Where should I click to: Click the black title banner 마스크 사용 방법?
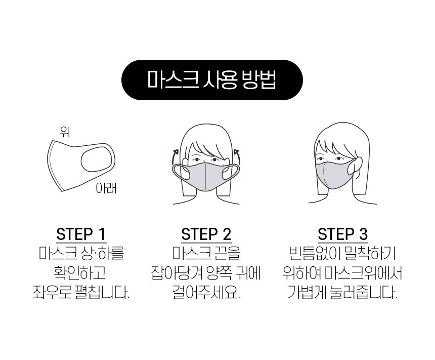point(212,79)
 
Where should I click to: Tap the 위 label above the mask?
point(65,132)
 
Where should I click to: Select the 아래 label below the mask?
point(106,188)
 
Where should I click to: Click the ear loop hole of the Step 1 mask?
point(96,161)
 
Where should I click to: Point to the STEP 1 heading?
point(81,234)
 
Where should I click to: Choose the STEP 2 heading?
point(206,234)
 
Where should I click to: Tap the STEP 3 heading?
point(342,234)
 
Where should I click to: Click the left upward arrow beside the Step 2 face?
point(174,157)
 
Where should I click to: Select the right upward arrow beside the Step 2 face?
point(237,157)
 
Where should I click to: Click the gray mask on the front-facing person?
point(206,177)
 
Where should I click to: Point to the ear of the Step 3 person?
point(357,166)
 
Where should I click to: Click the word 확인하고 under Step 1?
point(80,273)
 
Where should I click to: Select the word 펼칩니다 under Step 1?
point(102,292)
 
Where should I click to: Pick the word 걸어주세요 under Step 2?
point(206,292)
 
